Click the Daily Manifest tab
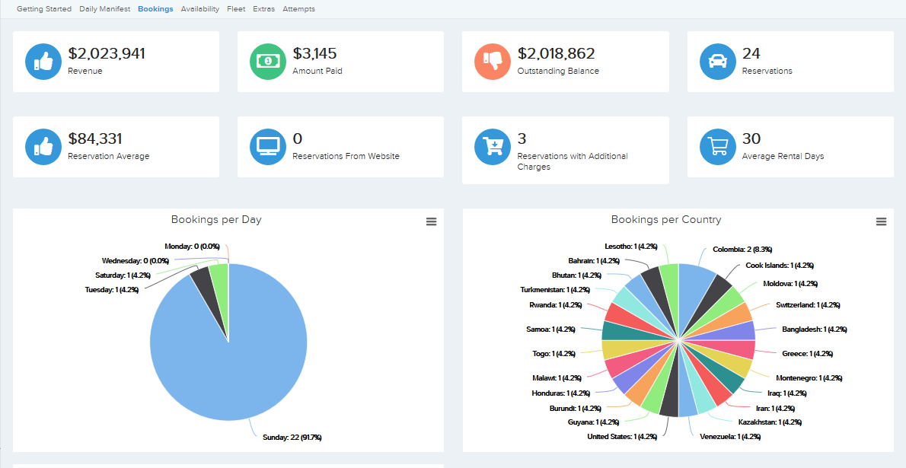pos(104,9)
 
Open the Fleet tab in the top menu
pos(236,9)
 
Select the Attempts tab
pos(298,9)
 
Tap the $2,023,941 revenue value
pos(107,54)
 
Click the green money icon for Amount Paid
pos(268,62)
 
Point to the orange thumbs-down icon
pos(493,62)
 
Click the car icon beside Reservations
pos(717,62)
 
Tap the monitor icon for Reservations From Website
pos(268,147)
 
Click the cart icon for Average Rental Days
pos(717,147)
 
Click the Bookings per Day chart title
pos(216,220)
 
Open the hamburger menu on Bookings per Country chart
pos(881,221)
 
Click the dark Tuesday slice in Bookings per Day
pos(203,282)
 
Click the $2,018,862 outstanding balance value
pos(557,54)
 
